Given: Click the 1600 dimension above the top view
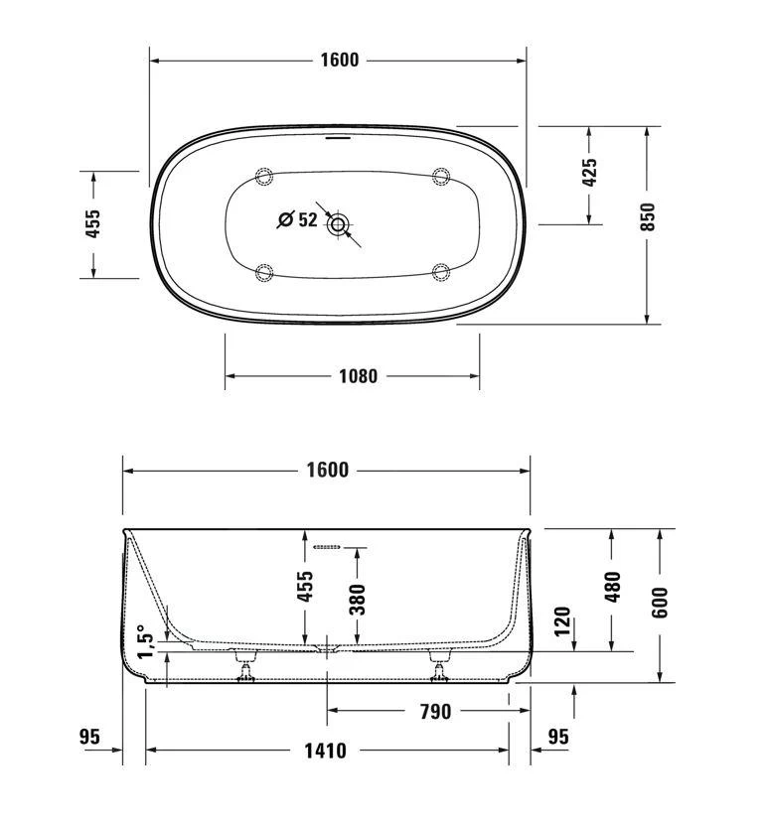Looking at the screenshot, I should pyautogui.click(x=339, y=61).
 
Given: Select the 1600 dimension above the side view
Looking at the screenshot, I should pyautogui.click(x=326, y=470).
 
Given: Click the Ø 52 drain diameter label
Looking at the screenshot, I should pyautogui.click(x=297, y=219).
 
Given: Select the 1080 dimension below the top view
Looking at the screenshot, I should pyautogui.click(x=358, y=376).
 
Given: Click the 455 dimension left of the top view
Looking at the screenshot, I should pyautogui.click(x=93, y=224).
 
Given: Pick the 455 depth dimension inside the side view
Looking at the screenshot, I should pyautogui.click(x=306, y=586).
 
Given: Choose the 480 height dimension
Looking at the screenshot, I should pyautogui.click(x=612, y=586).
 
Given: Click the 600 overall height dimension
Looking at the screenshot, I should pyautogui.click(x=661, y=601).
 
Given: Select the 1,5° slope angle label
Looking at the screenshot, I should pyautogui.click(x=146, y=641).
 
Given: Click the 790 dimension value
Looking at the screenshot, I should pyautogui.click(x=435, y=711).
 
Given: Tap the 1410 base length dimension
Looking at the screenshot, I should pyautogui.click(x=326, y=751).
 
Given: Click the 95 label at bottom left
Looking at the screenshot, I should pyautogui.click(x=90, y=737).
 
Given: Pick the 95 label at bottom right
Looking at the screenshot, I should pyautogui.click(x=558, y=737).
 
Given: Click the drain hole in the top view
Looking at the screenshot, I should pyautogui.click(x=339, y=224).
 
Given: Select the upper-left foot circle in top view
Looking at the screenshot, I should pyautogui.click(x=264, y=177).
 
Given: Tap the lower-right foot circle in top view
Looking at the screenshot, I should pyautogui.click(x=442, y=271).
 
